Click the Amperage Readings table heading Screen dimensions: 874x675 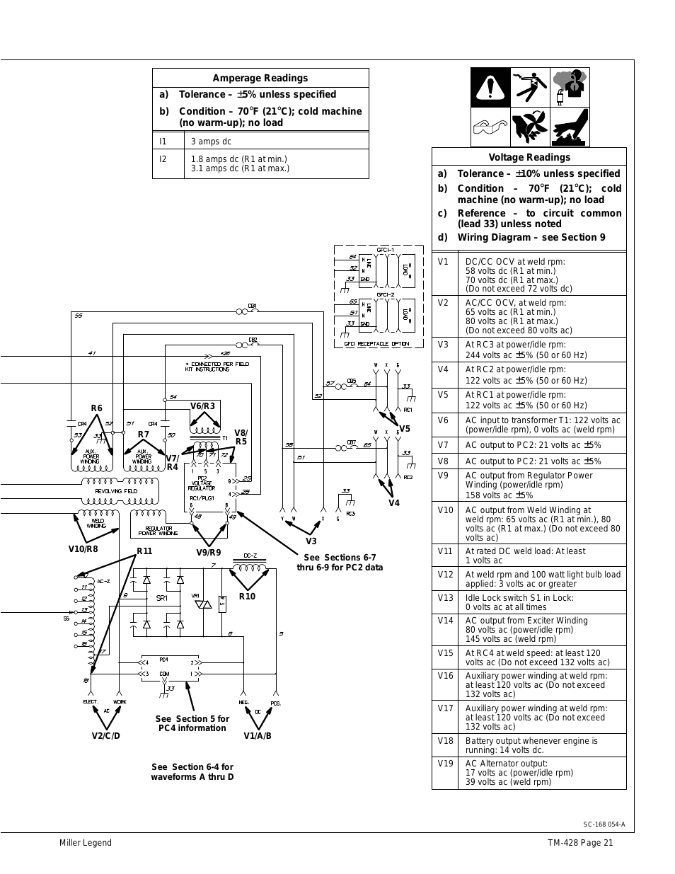tap(260, 78)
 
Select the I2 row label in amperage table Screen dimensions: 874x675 tap(163, 159)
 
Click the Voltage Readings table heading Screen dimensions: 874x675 tap(529, 157)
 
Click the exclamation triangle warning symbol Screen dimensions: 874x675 tap(491, 88)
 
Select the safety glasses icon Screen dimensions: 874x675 tap(491, 128)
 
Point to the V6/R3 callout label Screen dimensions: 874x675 tap(202, 406)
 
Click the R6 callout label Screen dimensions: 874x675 tap(96, 408)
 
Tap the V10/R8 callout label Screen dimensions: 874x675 tap(83, 548)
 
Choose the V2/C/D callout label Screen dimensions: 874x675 tap(106, 735)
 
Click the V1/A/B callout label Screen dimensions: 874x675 tap(258, 735)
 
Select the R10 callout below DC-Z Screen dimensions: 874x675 tap(247, 596)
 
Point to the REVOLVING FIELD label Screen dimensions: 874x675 tap(116, 490)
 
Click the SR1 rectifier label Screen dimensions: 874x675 tap(161, 598)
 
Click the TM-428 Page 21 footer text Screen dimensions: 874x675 tap(580, 842)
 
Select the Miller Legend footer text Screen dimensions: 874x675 tap(86, 842)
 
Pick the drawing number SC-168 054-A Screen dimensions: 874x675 tap(604, 824)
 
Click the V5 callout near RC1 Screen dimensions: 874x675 tap(405, 429)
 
